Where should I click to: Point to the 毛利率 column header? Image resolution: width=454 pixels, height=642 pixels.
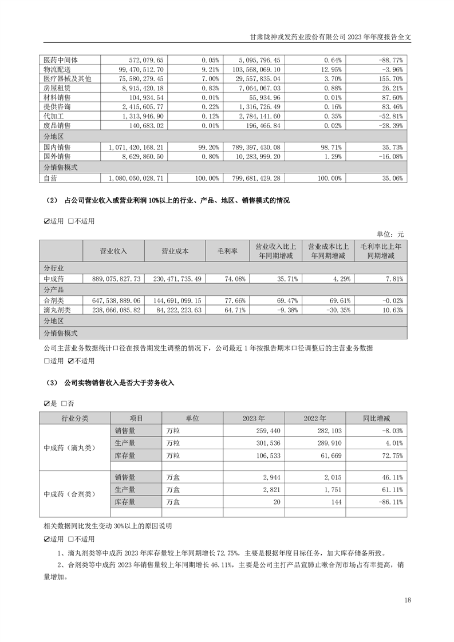pos(227,251)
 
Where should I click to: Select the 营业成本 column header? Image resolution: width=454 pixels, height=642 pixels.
pos(175,251)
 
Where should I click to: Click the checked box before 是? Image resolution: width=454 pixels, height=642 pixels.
pos(46,403)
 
